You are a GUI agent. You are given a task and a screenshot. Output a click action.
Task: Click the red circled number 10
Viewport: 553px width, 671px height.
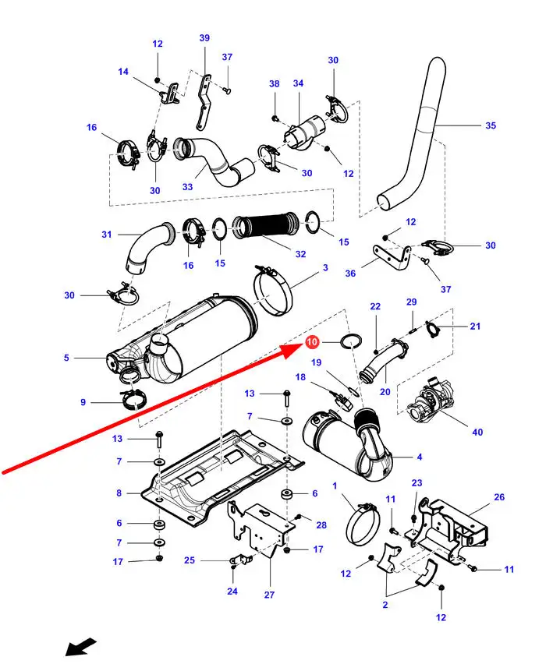pos(312,342)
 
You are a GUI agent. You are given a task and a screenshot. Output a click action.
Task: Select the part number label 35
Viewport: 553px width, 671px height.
pos(490,125)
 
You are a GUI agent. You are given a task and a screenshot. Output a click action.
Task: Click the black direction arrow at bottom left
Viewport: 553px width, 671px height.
pos(80,648)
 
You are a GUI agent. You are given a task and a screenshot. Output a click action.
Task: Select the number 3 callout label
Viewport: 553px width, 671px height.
pos(325,268)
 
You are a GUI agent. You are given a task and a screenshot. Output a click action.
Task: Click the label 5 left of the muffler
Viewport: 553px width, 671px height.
pos(66,358)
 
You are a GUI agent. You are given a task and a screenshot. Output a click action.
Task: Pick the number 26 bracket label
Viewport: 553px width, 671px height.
pos(499,496)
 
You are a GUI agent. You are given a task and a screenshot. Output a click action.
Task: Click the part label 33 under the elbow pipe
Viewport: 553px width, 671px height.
pos(187,187)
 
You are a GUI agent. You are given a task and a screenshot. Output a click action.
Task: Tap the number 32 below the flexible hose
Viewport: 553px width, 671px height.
pos(300,254)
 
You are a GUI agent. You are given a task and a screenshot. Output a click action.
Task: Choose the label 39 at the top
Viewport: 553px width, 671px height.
pos(204,38)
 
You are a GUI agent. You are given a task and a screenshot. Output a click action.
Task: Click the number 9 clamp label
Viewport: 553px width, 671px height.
pos(83,402)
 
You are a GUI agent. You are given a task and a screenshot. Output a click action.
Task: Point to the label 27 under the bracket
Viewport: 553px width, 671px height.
pos(269,595)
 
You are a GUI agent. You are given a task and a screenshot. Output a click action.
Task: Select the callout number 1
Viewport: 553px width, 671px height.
pos(335,486)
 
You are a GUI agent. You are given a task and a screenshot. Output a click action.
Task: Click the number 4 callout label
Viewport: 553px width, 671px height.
pos(420,457)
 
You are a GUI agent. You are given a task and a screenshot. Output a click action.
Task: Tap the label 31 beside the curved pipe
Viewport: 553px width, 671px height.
pos(107,234)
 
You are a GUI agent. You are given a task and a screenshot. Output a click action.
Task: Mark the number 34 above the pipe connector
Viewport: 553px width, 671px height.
pos(298,83)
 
